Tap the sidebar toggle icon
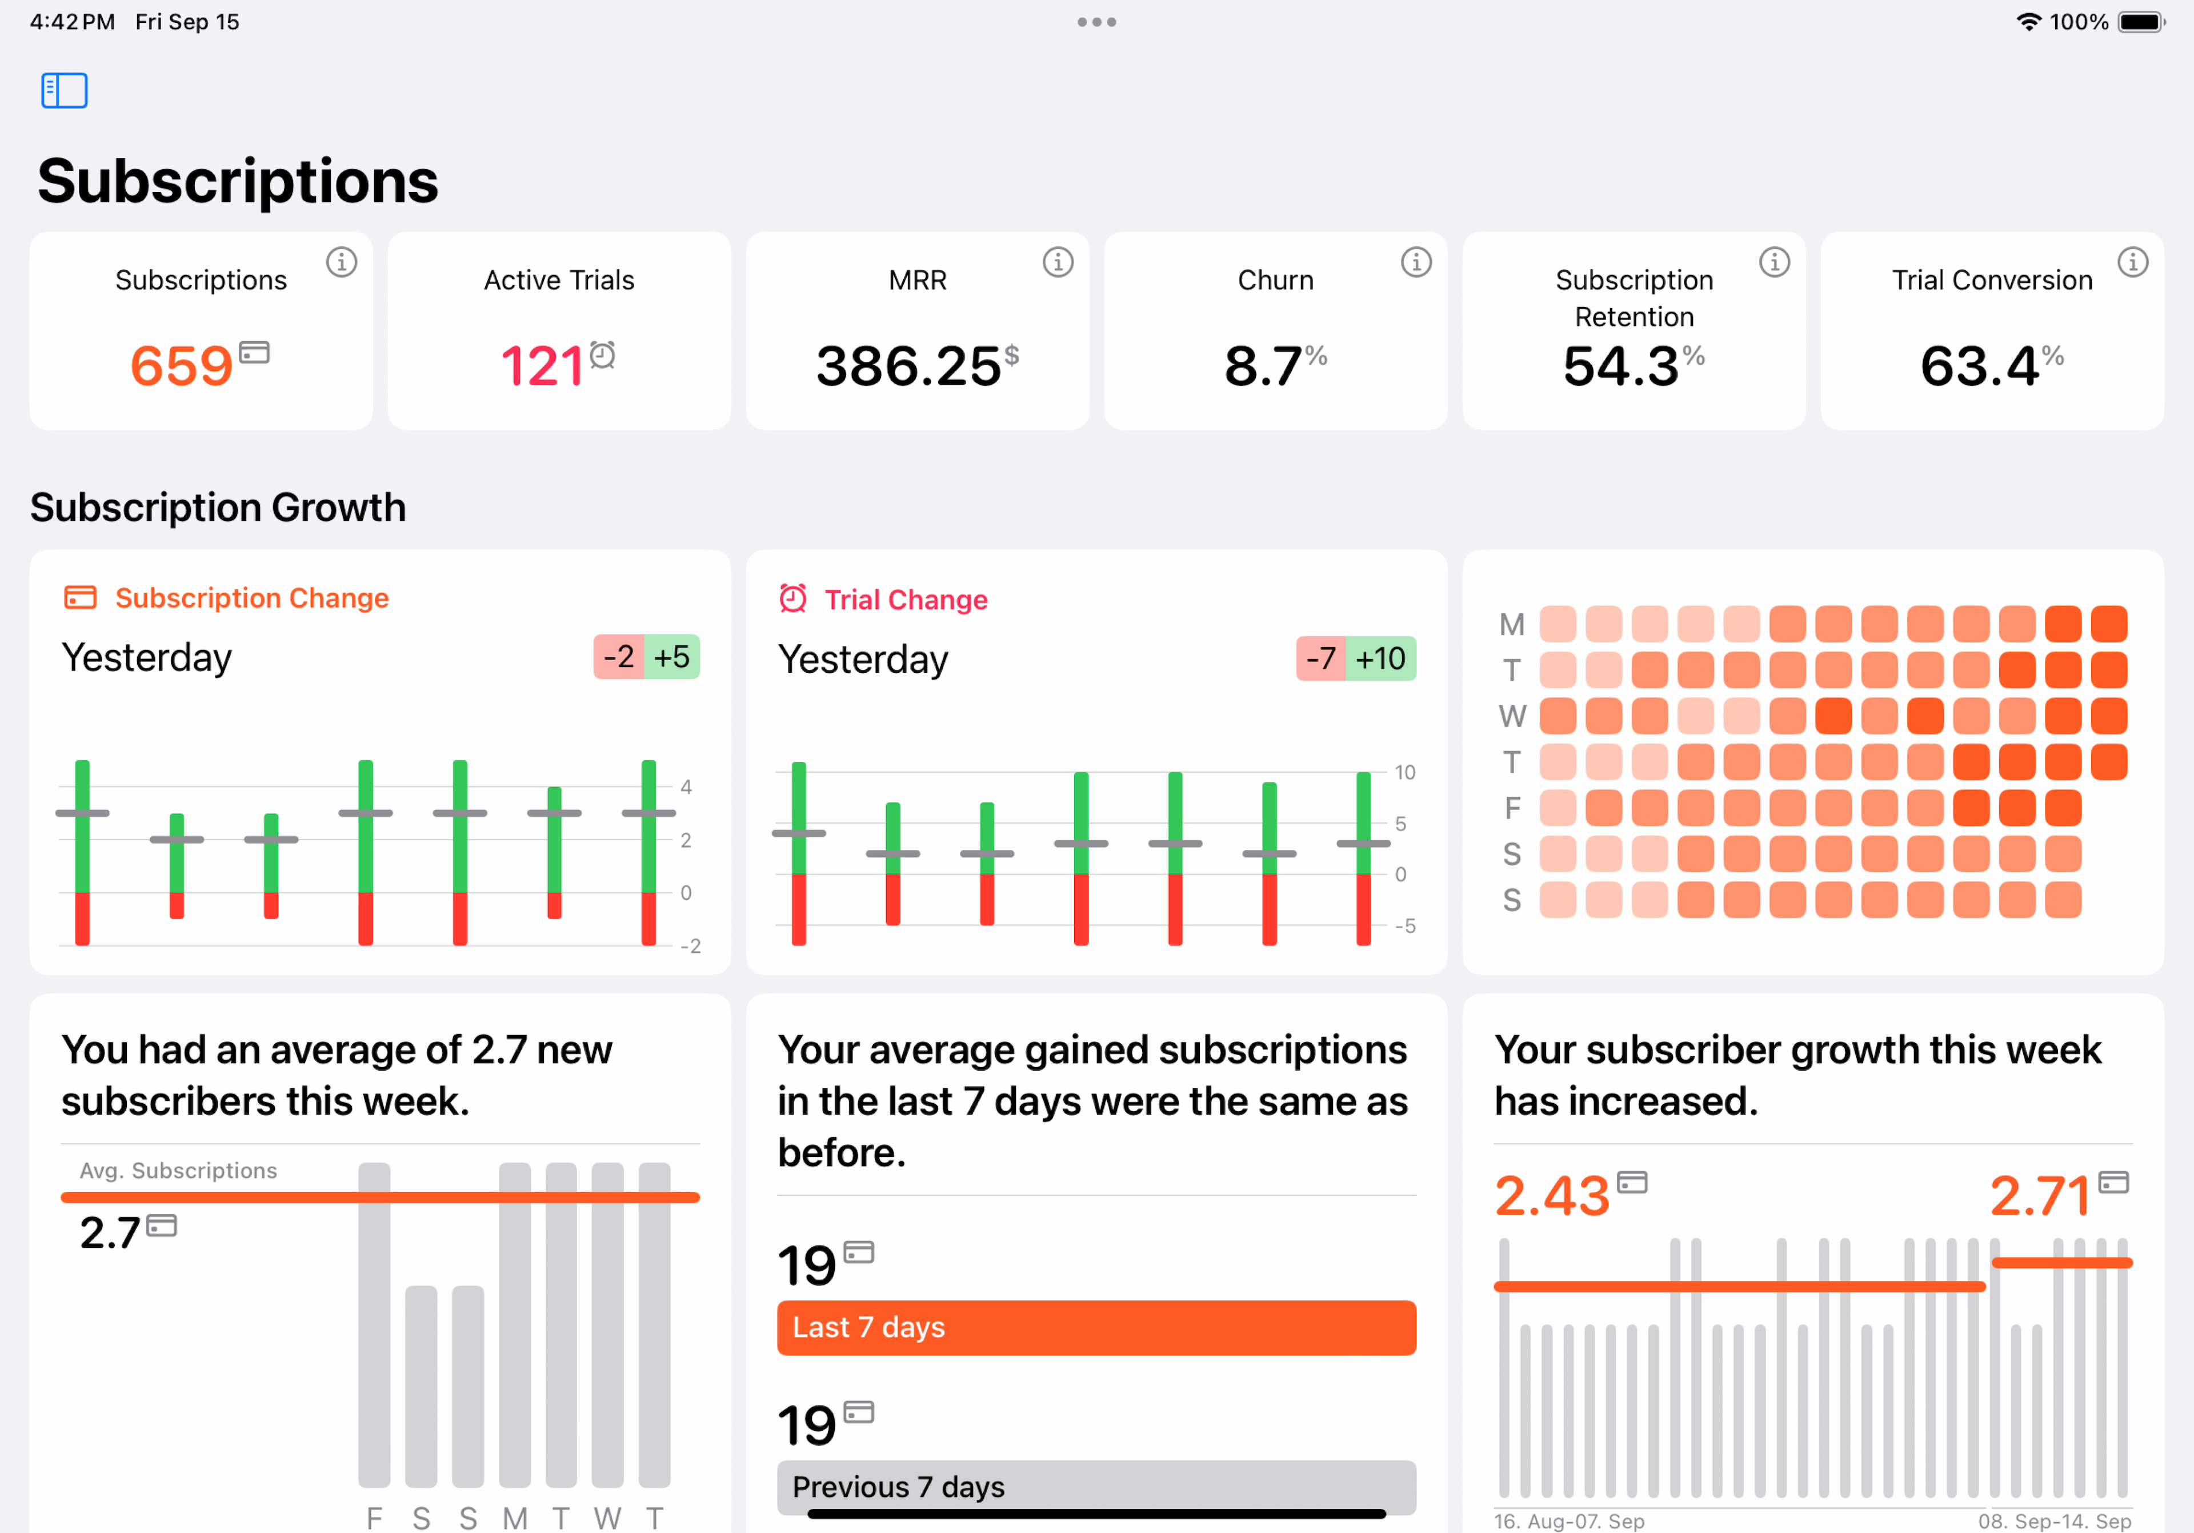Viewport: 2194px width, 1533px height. tap(64, 91)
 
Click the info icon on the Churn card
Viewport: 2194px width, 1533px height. tap(1415, 262)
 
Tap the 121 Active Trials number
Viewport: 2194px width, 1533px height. tap(542, 366)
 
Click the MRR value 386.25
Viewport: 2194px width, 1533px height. tap(908, 366)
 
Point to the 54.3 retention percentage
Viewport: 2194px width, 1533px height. tap(1621, 366)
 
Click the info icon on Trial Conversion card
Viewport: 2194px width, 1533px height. tap(2132, 262)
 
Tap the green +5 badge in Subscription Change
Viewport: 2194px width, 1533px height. tap(672, 657)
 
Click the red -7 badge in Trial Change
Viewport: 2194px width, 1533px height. tap(1320, 658)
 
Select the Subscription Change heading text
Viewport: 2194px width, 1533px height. tap(251, 598)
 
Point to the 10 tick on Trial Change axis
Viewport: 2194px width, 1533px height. tap(1404, 772)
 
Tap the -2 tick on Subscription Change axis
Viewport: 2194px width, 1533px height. tap(690, 946)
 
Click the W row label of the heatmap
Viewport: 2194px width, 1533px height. tap(1512, 716)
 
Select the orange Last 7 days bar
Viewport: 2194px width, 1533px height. tap(1096, 1328)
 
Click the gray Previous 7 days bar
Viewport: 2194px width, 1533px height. tap(1096, 1486)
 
